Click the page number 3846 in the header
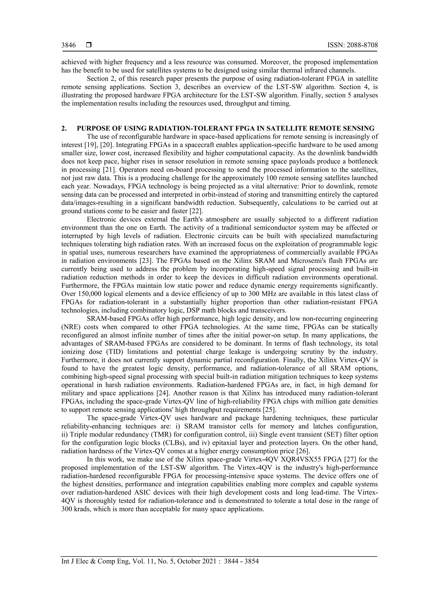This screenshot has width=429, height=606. (68, 45)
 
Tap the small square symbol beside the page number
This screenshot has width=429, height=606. (89, 45)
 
